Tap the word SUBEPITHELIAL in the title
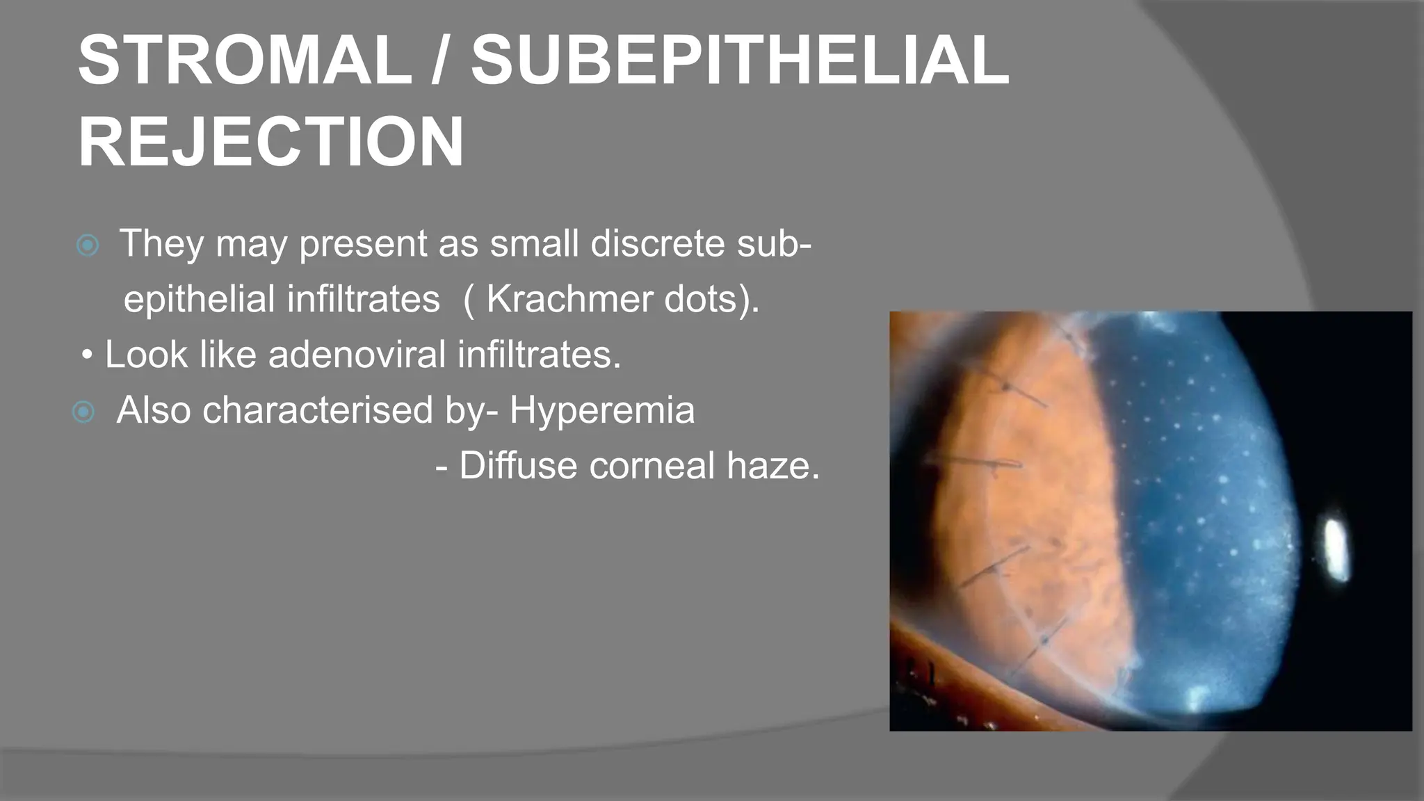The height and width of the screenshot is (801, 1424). (740, 60)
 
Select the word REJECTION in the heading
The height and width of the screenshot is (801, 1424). (270, 143)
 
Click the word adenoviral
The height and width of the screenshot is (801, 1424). (357, 355)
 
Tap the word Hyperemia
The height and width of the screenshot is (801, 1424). (602, 410)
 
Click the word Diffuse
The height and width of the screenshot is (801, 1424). (519, 465)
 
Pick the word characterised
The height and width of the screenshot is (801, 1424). (318, 410)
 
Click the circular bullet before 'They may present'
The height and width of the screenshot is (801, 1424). (88, 245)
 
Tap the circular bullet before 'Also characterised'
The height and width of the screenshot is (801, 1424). (83, 412)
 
